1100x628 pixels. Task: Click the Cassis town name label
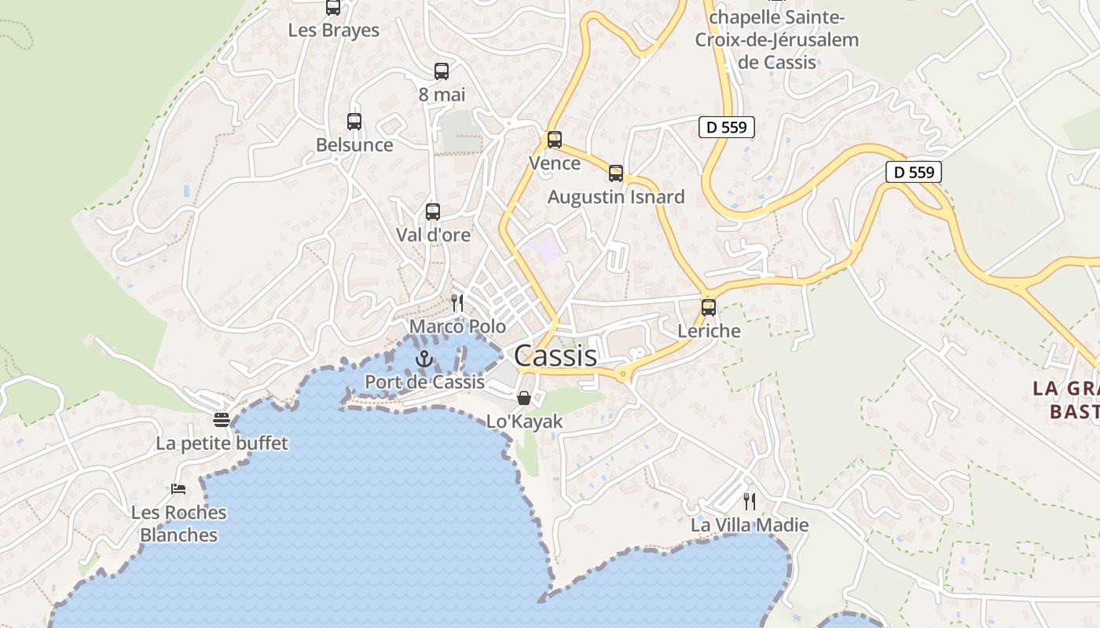click(x=555, y=356)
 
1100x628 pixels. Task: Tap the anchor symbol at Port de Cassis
click(x=424, y=360)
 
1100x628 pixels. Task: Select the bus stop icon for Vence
click(x=555, y=140)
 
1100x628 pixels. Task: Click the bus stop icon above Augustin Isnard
click(x=616, y=173)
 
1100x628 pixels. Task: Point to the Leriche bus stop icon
click(x=709, y=308)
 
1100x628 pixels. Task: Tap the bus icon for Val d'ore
click(x=433, y=211)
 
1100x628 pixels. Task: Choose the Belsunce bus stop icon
click(x=354, y=122)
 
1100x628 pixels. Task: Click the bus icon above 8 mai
click(x=442, y=71)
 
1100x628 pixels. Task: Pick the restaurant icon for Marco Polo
click(x=457, y=302)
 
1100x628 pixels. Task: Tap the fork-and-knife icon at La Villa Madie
click(x=750, y=501)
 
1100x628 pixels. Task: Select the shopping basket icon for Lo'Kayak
click(x=524, y=398)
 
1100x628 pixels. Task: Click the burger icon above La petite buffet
click(x=222, y=420)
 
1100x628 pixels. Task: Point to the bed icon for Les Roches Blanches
click(x=178, y=489)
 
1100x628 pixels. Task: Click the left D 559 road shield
click(x=726, y=127)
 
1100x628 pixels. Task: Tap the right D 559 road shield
click(x=913, y=172)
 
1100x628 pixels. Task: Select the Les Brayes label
click(x=334, y=31)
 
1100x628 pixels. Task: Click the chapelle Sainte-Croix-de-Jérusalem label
click(x=776, y=39)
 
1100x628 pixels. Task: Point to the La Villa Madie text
click(x=750, y=525)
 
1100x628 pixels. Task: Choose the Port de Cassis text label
click(x=424, y=382)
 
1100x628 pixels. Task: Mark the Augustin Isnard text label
click(x=616, y=197)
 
